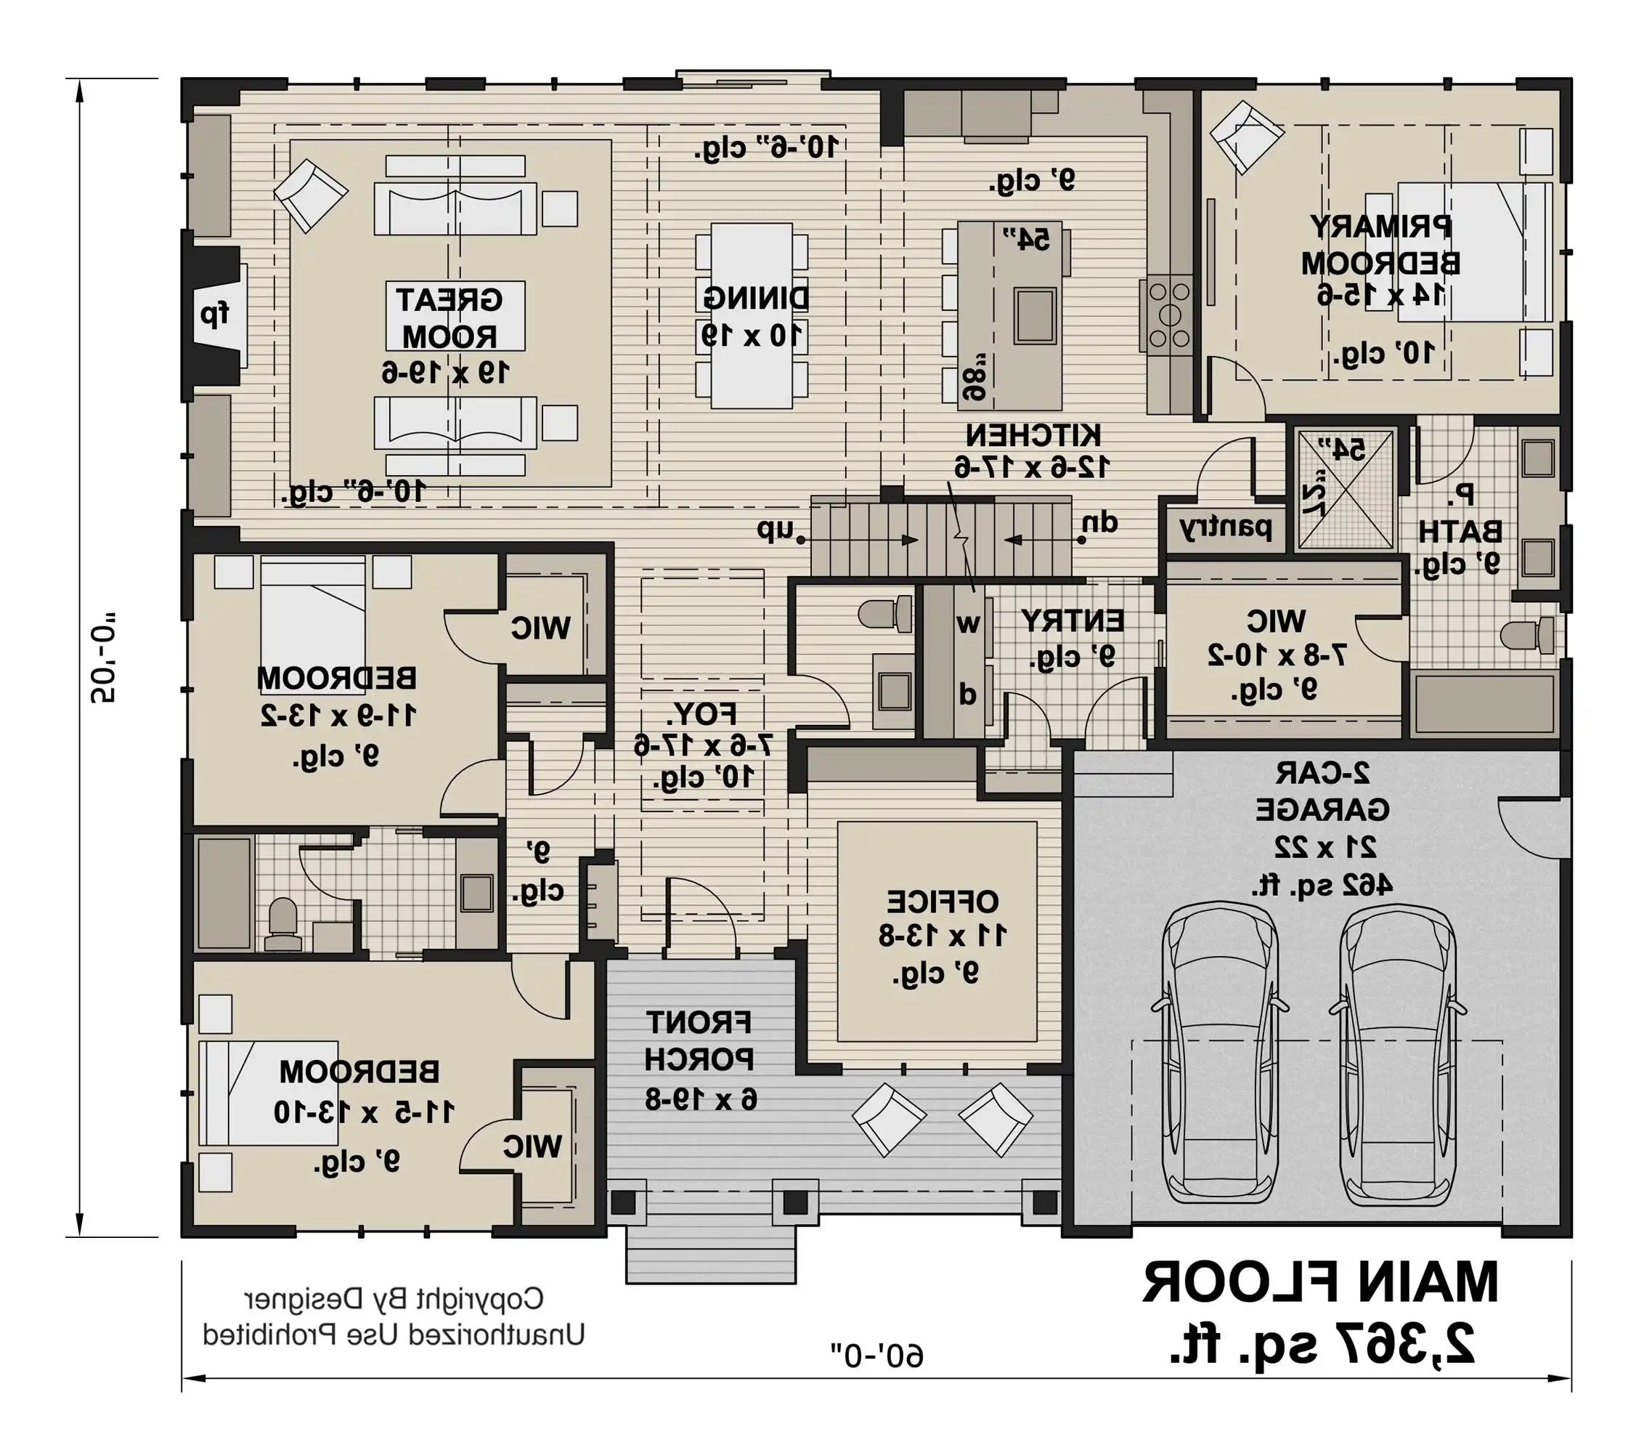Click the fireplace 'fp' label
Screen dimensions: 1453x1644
tap(214, 314)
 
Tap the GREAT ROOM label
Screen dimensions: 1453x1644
tap(449, 317)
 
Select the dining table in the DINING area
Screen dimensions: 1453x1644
tap(752, 315)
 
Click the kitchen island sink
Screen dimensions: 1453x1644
tap(1035, 315)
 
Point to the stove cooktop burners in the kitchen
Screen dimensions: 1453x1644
tap(1168, 315)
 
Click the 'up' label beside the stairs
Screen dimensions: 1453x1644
tap(775, 530)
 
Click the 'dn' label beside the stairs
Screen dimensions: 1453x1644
tap(1100, 523)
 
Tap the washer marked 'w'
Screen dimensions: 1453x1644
tap(969, 623)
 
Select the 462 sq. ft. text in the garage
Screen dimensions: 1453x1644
tap(1322, 885)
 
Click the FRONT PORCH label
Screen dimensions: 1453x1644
tap(698, 1041)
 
